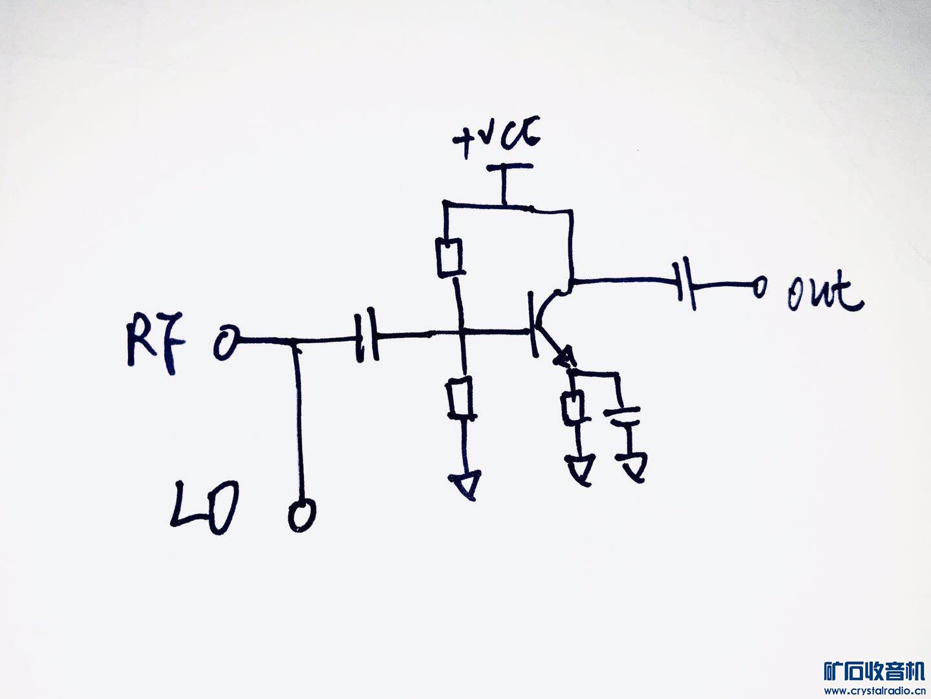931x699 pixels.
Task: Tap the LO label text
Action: pyautogui.click(x=204, y=507)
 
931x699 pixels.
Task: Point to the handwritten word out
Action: pyautogui.click(x=825, y=294)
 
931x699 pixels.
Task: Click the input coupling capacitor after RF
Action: pyautogui.click(x=366, y=337)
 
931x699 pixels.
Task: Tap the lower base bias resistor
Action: pyautogui.click(x=460, y=399)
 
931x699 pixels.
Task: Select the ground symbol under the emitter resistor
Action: pyautogui.click(x=580, y=468)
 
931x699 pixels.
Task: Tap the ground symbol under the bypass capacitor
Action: pyautogui.click(x=632, y=465)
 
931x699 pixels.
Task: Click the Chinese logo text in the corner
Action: pyautogui.click(x=874, y=672)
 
